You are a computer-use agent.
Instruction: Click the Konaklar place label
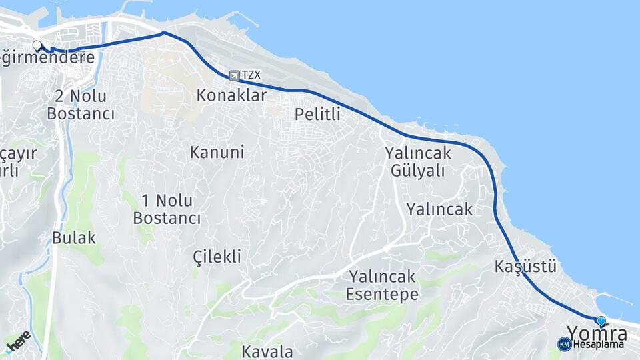pyautogui.click(x=231, y=95)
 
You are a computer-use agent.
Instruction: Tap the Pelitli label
pyautogui.click(x=317, y=114)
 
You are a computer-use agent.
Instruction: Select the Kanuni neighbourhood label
pyautogui.click(x=217, y=152)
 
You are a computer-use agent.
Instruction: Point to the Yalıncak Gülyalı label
pyautogui.click(x=417, y=162)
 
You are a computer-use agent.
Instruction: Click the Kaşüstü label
pyautogui.click(x=525, y=267)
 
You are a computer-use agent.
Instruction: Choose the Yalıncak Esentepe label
pyautogui.click(x=383, y=285)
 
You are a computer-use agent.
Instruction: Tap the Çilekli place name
pyautogui.click(x=217, y=257)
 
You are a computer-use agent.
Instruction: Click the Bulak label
pyautogui.click(x=74, y=237)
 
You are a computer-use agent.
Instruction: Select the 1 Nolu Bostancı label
pyautogui.click(x=167, y=209)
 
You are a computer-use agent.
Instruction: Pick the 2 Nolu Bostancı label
pyautogui.click(x=81, y=105)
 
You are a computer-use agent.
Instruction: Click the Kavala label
pyautogui.click(x=267, y=351)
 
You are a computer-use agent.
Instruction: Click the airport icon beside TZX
pyautogui.click(x=234, y=75)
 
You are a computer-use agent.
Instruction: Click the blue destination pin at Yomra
pyautogui.click(x=601, y=321)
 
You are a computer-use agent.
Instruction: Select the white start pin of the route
pyautogui.click(x=37, y=46)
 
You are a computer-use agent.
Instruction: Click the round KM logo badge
pyautogui.click(x=564, y=344)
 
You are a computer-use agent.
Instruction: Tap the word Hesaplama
pyautogui.click(x=598, y=345)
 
